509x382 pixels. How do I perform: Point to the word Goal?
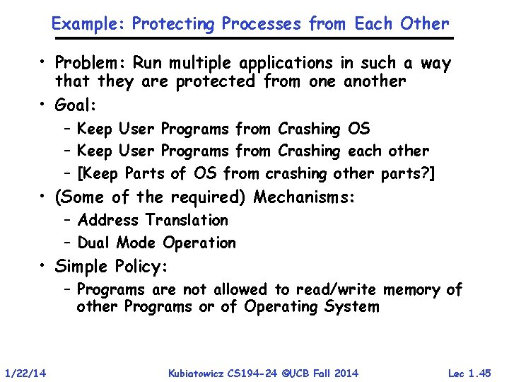coord(75,105)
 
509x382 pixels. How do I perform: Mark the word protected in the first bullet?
coord(216,81)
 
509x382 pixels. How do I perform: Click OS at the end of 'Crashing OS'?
coord(358,129)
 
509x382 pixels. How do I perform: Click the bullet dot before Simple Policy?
coord(44,266)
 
